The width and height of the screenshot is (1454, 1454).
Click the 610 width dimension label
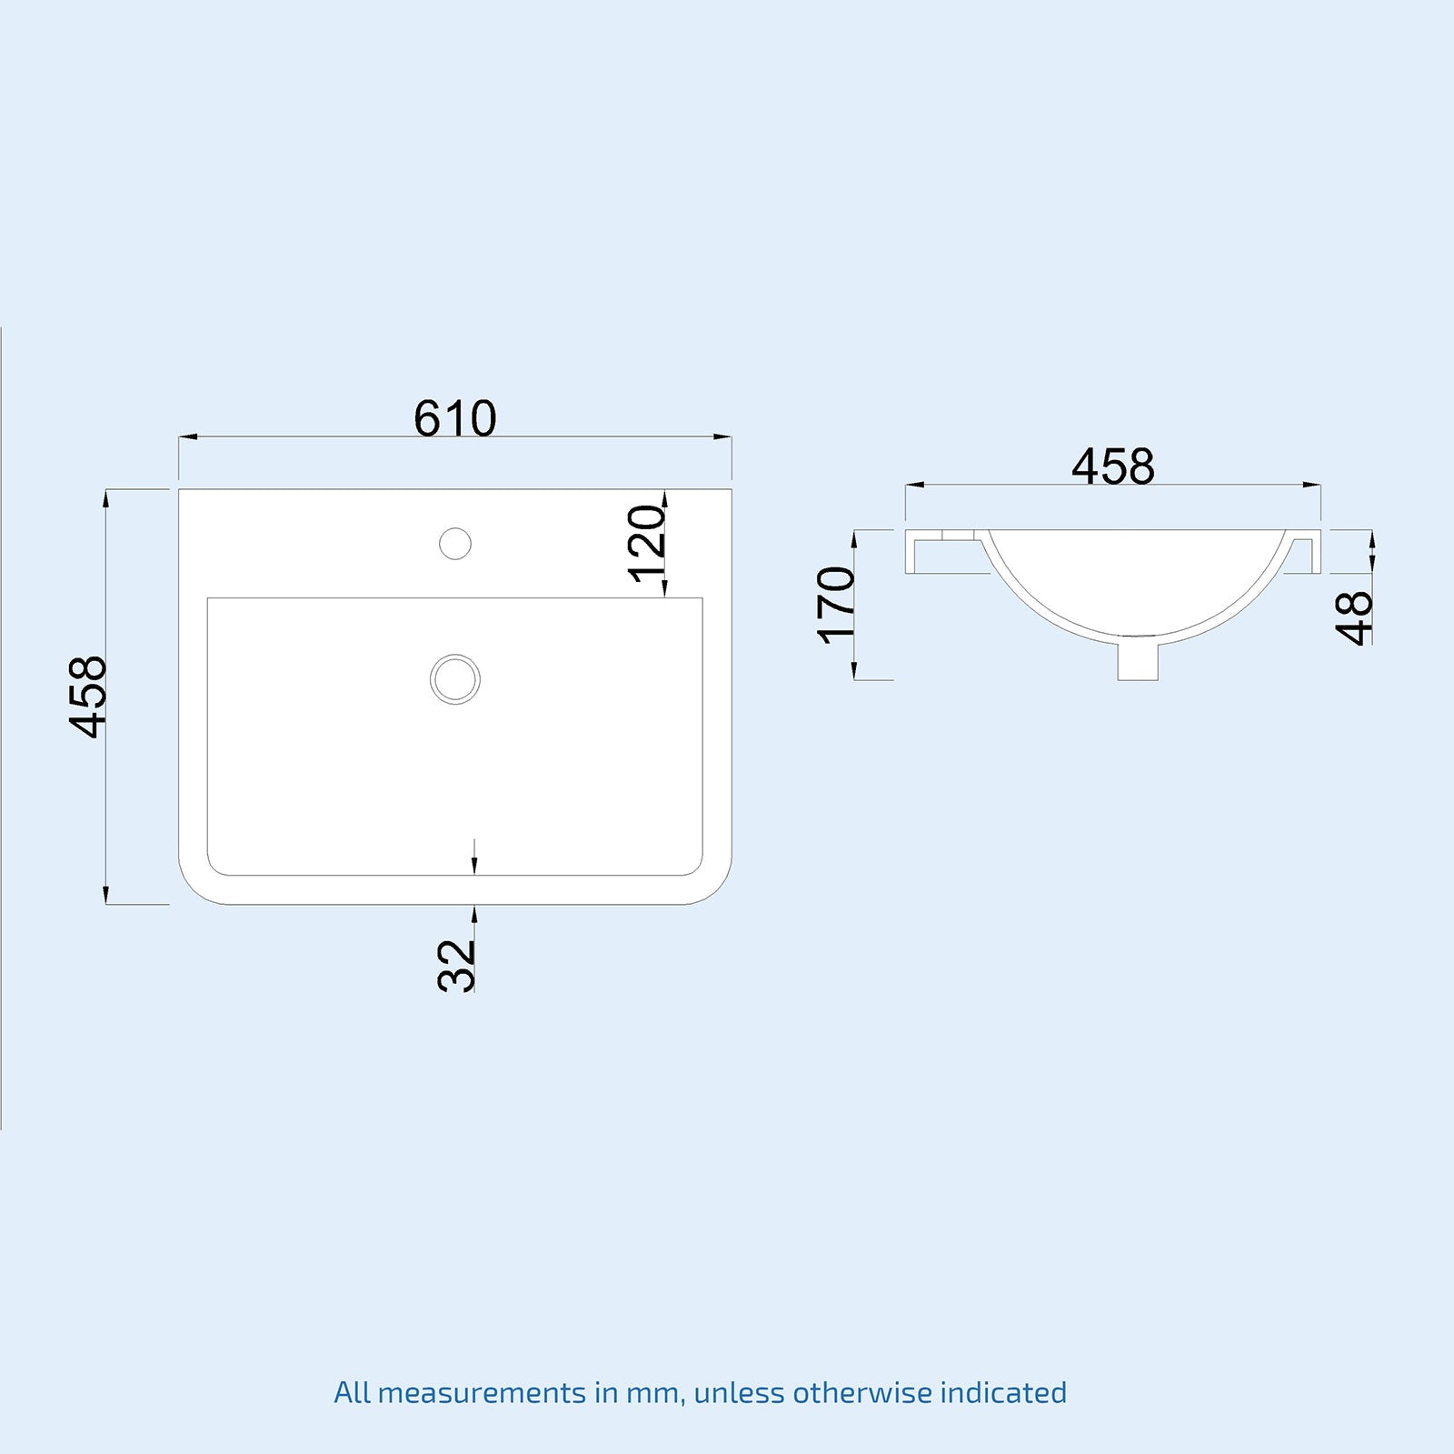[x=454, y=418]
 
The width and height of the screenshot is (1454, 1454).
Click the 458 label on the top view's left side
[x=89, y=697]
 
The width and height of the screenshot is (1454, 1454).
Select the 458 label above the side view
[x=1112, y=466]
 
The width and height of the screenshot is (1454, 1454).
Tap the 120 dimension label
[x=647, y=544]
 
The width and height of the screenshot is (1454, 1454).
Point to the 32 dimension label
[x=457, y=965]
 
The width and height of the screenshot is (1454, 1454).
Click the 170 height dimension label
[x=836, y=606]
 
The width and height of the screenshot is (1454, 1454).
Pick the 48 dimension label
[x=1354, y=617]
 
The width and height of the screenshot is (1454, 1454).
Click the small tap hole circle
[x=454, y=544]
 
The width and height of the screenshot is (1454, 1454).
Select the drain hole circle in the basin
[x=454, y=678]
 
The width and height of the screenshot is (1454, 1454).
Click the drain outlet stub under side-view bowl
[x=1137, y=661]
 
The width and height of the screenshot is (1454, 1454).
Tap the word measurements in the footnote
[x=482, y=1392]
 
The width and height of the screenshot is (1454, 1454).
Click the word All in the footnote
[x=352, y=1392]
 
